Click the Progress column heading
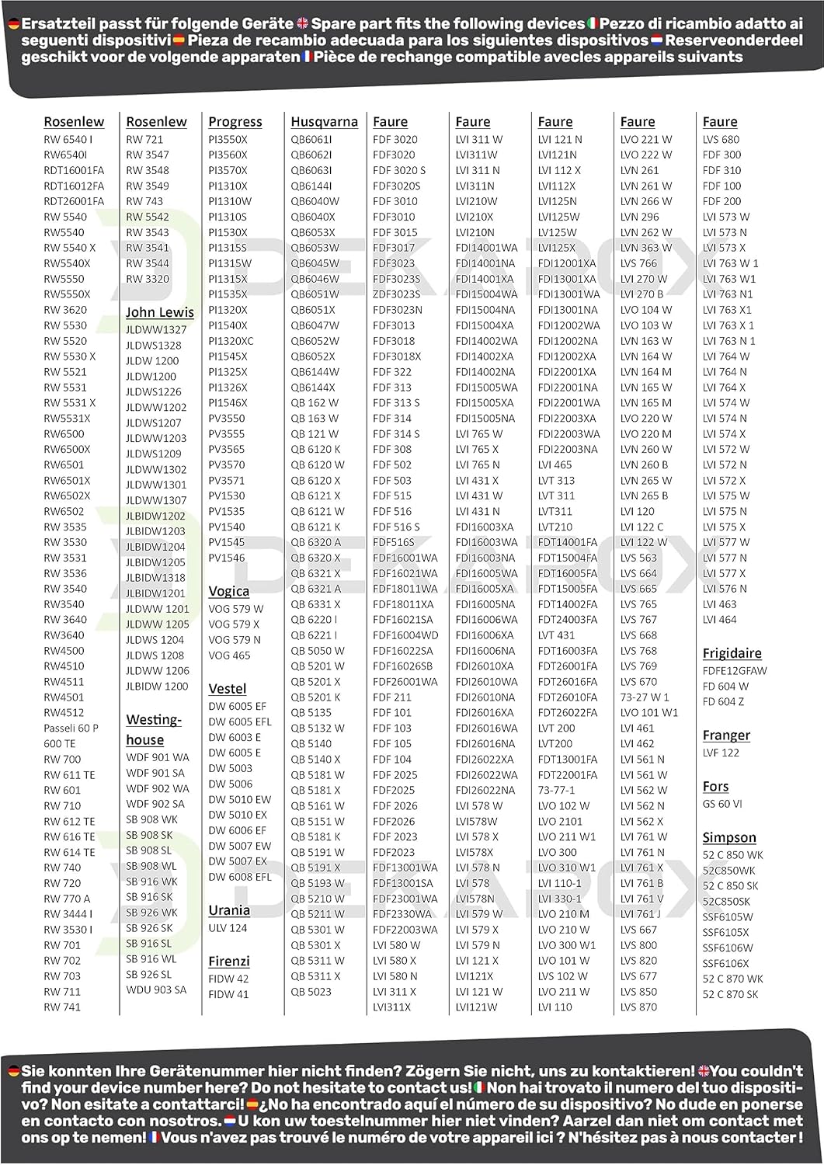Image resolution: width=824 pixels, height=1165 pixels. tap(235, 122)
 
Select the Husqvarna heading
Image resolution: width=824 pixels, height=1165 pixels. tap(324, 122)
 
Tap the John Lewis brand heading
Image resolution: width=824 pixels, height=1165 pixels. tap(160, 312)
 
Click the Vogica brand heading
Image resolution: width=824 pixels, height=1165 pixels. tap(228, 591)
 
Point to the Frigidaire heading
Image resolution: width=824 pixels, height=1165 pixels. tap(732, 653)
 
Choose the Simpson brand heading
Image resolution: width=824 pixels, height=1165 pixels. tap(728, 837)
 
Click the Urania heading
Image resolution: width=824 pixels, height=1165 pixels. tap(228, 910)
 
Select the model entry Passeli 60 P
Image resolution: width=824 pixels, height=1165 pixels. tap(71, 729)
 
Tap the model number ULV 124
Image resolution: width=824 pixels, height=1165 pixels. tap(228, 928)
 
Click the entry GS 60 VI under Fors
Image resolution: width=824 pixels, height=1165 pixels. tap(722, 804)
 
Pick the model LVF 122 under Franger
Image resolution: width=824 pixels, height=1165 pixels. tap(721, 753)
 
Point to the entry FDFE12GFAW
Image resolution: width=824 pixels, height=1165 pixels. tap(734, 671)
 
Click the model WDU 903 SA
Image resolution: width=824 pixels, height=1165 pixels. tap(156, 990)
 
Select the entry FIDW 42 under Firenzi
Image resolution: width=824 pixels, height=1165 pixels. tap(228, 979)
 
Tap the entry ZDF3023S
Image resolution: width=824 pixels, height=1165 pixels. tap(396, 294)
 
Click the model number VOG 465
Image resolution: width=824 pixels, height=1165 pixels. tap(229, 656)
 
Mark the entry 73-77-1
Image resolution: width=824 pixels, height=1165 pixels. tap(556, 790)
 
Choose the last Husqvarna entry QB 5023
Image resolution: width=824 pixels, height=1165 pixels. tap(311, 992)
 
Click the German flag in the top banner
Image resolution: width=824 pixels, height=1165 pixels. tap(14, 24)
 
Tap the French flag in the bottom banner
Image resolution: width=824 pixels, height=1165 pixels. tap(154, 1138)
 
